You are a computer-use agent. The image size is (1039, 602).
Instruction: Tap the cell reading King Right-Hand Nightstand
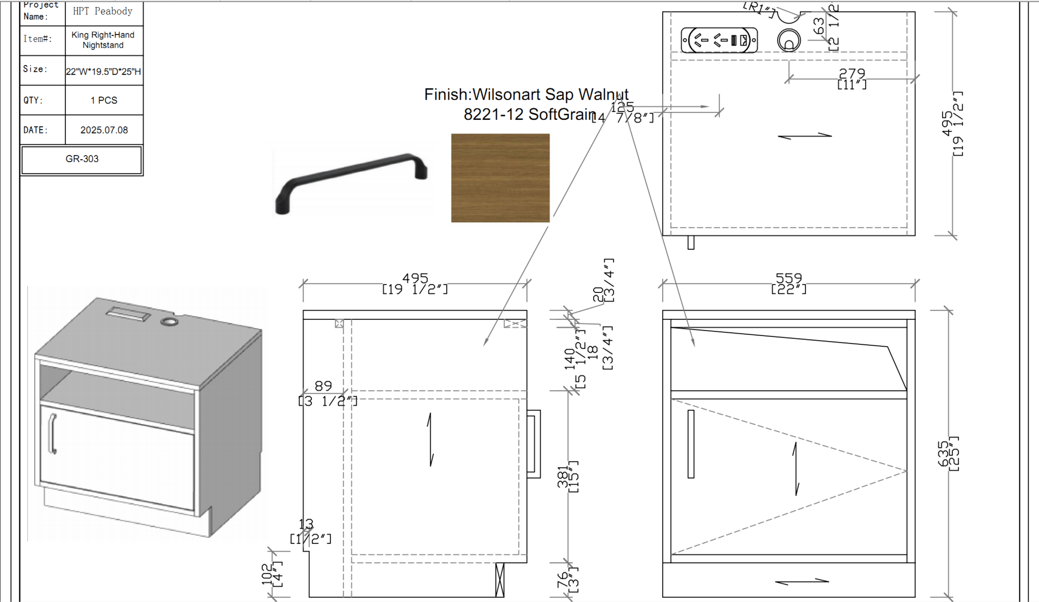103,40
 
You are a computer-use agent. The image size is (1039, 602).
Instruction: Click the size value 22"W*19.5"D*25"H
103,71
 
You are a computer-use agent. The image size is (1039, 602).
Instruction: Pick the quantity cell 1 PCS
104,100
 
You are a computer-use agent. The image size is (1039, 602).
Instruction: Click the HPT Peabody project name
103,11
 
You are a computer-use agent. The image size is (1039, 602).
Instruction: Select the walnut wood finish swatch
500,178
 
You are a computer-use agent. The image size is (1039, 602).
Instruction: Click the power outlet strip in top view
719,40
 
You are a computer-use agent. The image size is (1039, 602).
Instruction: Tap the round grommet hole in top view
789,41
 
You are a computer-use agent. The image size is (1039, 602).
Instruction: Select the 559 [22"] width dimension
788,283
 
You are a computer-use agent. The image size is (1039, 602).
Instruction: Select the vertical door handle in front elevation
691,444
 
